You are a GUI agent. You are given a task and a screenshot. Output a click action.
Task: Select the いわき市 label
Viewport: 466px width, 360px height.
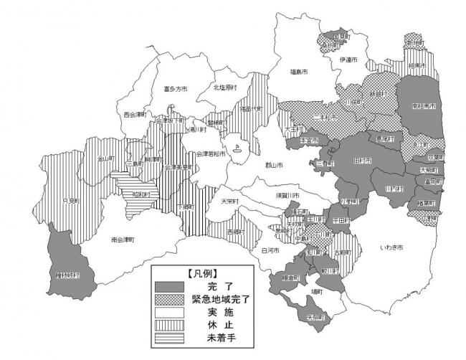point(391,247)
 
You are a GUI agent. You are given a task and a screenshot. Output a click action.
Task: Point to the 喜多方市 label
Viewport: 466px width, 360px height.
point(175,90)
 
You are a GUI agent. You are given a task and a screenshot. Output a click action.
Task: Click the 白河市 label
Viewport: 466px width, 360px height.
point(270,250)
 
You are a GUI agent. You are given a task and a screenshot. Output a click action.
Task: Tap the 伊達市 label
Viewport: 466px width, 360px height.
point(349,59)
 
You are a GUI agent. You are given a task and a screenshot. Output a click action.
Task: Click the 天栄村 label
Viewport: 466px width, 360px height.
point(231,201)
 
